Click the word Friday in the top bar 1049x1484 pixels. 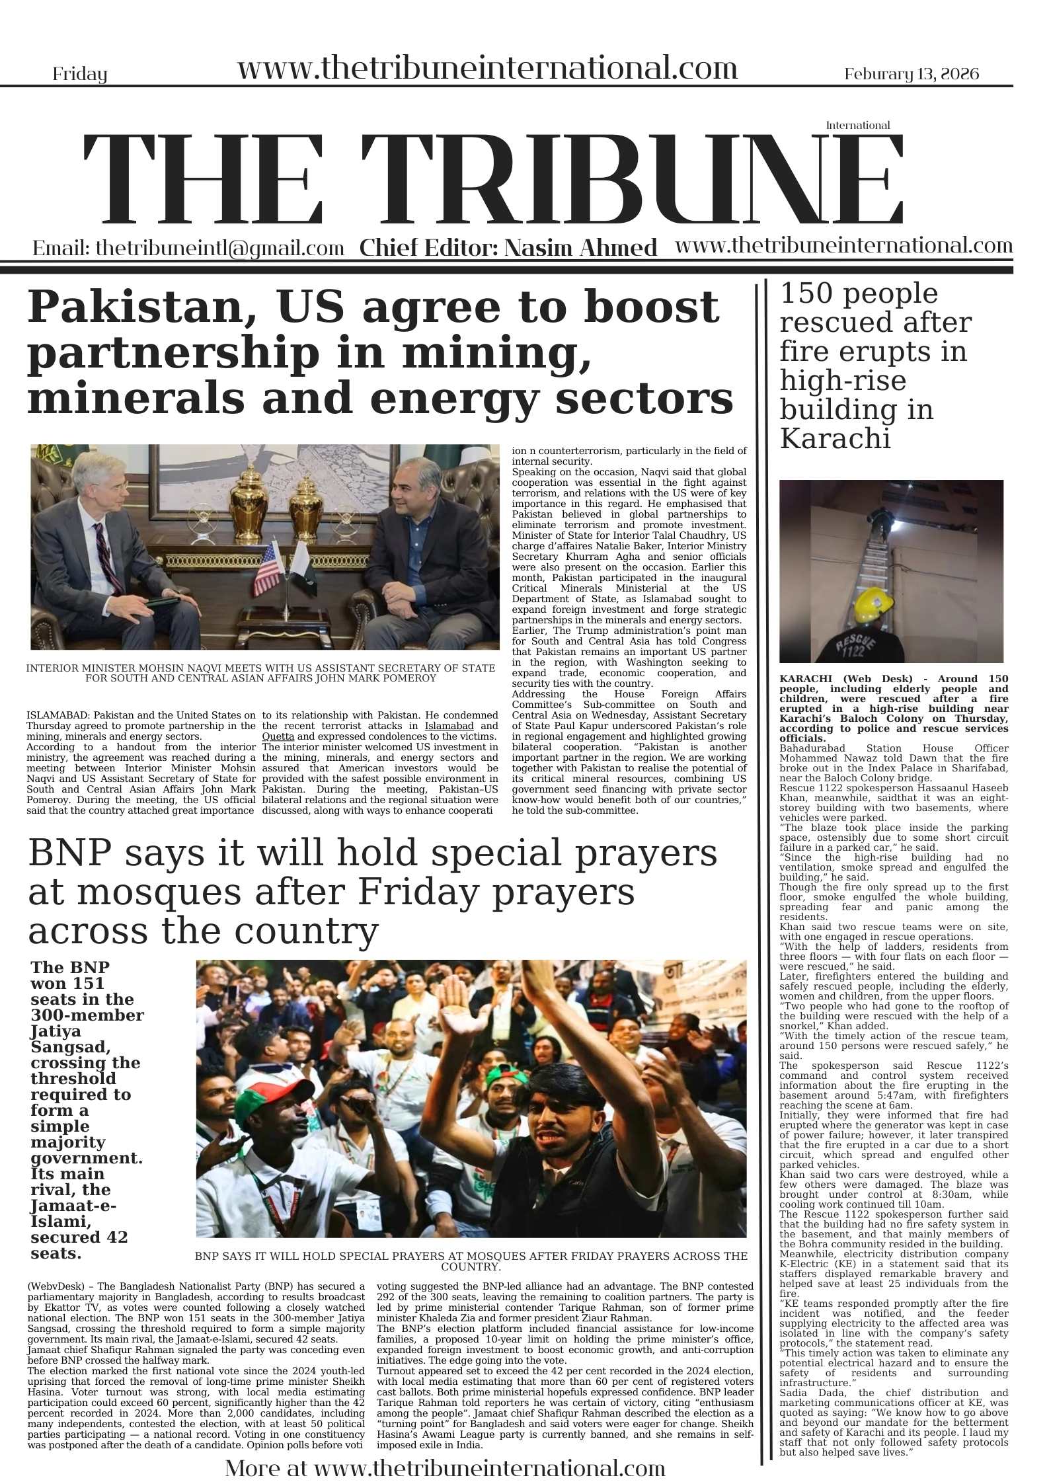click(79, 74)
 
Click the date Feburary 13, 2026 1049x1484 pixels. click(912, 74)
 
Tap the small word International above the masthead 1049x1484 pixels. click(857, 125)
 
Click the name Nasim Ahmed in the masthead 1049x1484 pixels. click(580, 248)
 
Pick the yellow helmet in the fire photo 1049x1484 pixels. click(873, 607)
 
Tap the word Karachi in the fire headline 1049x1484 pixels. click(835, 438)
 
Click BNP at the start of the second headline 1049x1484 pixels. click(69, 854)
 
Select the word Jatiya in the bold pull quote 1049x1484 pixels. click(56, 1031)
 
